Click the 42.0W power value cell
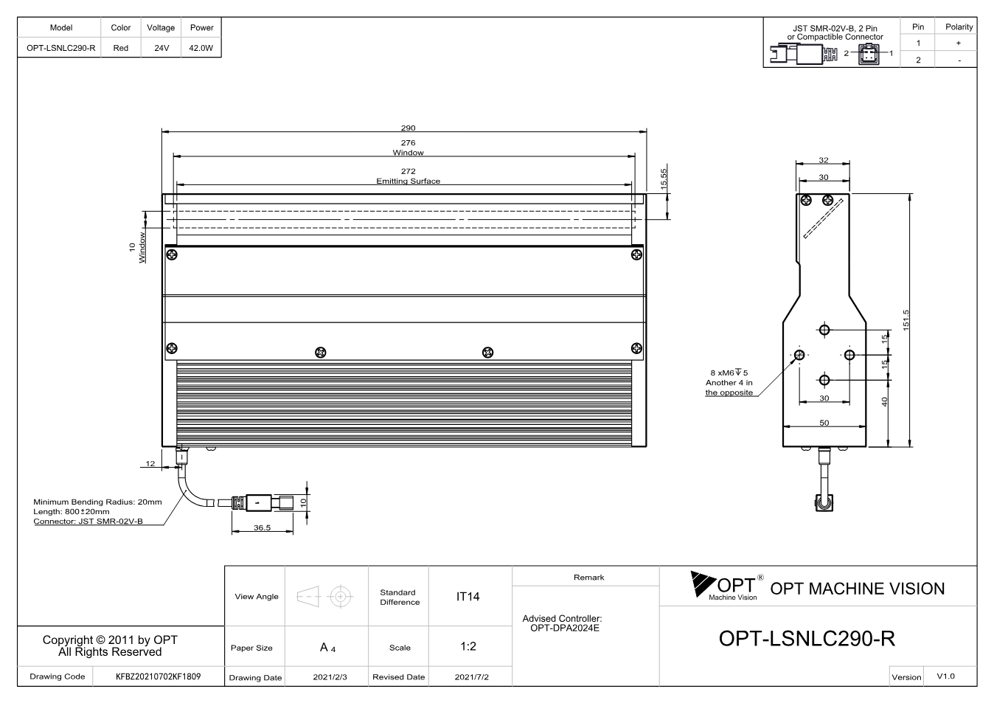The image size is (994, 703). pyautogui.click(x=201, y=48)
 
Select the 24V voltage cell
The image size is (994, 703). pyautogui.click(x=161, y=48)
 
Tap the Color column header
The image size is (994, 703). pyautogui.click(x=121, y=27)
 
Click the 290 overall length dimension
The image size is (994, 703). pyautogui.click(x=408, y=128)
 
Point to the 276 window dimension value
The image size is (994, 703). pyautogui.click(x=408, y=143)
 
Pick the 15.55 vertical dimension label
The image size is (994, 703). pyautogui.click(x=664, y=179)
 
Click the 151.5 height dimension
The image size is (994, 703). pyautogui.click(x=906, y=319)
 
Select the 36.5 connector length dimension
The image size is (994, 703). pyautogui.click(x=262, y=527)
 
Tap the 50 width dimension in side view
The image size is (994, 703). pyautogui.click(x=824, y=423)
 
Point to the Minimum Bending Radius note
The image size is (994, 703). pyautogui.click(x=97, y=502)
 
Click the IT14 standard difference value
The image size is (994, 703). pyautogui.click(x=468, y=597)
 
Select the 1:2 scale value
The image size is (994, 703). pyautogui.click(x=468, y=646)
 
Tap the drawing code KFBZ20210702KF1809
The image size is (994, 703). pyautogui.click(x=158, y=676)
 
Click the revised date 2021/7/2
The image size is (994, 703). pyautogui.click(x=471, y=677)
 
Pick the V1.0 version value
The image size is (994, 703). pyautogui.click(x=945, y=676)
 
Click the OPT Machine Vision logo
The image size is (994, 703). pyautogui.click(x=727, y=586)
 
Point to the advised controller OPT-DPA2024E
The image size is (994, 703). pyautogui.click(x=565, y=628)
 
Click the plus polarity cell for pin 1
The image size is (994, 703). pyautogui.click(x=959, y=43)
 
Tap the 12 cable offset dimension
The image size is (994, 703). pyautogui.click(x=150, y=463)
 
